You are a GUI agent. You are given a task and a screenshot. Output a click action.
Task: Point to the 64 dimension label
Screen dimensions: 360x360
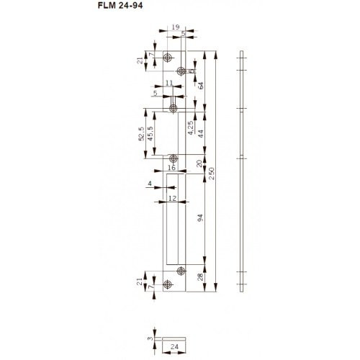pos(201,86)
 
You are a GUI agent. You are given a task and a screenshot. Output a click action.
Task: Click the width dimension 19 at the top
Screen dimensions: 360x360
pos(175,27)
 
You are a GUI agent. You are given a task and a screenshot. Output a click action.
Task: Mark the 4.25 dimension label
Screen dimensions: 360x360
pos(190,128)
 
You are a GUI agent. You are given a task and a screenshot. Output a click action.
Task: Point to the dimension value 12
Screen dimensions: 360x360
pos(172,197)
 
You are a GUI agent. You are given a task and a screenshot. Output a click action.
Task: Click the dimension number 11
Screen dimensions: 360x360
pos(168,84)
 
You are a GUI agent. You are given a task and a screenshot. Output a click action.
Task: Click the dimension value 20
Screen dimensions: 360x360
pos(199,164)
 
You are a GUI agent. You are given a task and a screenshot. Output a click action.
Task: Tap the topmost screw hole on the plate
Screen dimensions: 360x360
pos(167,57)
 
